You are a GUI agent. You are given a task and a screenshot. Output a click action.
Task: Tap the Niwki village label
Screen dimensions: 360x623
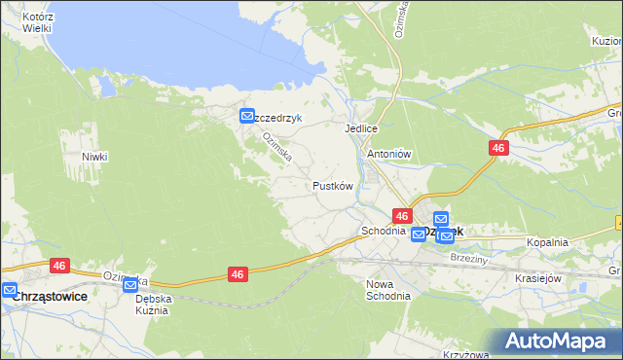[x=94, y=157]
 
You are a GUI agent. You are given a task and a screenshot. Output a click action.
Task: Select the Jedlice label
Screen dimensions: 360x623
[x=360, y=128]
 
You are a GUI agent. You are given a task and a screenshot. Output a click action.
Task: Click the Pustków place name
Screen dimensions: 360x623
[x=331, y=185]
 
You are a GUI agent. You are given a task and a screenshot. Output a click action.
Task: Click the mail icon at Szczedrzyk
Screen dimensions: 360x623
[x=247, y=117]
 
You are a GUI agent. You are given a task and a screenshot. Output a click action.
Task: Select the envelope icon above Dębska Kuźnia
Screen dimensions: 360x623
[x=130, y=285]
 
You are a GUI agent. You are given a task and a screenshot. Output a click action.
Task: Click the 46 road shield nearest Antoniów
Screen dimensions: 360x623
[x=497, y=147]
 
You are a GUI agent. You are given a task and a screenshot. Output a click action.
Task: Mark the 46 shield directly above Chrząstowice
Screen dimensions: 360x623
[x=60, y=265]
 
